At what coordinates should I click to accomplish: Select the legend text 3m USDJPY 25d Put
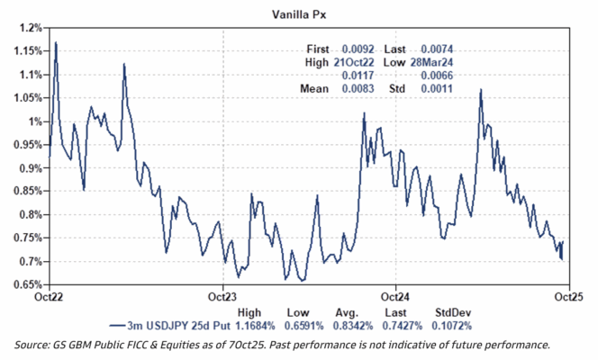click(186, 325)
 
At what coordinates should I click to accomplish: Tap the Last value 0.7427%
click(403, 325)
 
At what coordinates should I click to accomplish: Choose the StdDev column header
click(453, 311)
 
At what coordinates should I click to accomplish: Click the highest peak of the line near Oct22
click(56, 42)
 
